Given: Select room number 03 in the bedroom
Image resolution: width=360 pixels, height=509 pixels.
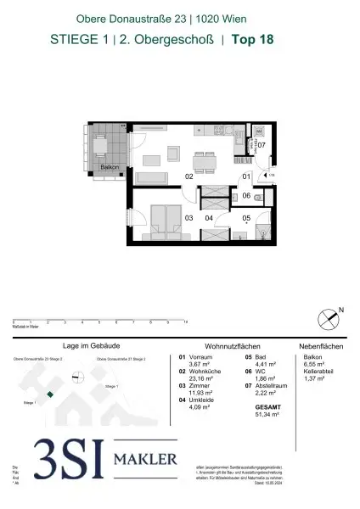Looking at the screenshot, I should pyautogui.click(x=188, y=218).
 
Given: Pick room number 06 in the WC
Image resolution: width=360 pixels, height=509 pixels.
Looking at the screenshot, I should pyautogui.click(x=245, y=196).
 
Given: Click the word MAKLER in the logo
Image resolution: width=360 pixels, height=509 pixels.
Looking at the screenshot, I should pyautogui.click(x=148, y=461).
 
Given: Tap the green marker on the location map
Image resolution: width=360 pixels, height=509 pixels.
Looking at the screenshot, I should pyautogui.click(x=51, y=394).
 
